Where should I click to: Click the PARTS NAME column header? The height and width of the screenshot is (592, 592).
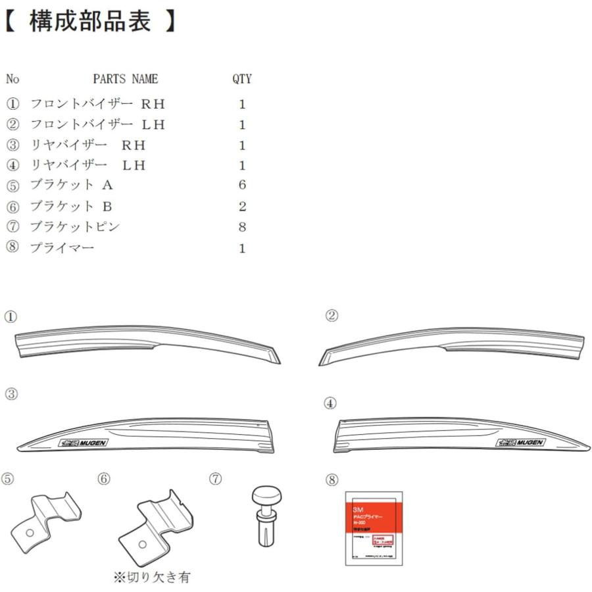[125, 80]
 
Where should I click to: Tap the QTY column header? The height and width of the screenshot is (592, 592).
[241, 80]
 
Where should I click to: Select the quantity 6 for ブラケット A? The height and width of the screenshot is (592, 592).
[242, 185]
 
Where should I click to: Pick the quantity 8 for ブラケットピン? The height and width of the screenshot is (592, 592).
[242, 228]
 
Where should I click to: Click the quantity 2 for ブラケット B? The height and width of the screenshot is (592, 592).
[242, 207]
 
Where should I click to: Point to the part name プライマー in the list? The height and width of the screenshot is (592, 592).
[62, 248]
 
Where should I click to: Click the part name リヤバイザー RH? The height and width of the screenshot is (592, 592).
[87, 145]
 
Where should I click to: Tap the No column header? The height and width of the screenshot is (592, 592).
[12, 80]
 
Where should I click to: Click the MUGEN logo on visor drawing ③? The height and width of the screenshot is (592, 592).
[84, 443]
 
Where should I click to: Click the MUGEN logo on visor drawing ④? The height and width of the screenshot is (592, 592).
[520, 443]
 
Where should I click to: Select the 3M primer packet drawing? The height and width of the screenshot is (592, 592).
[374, 528]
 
